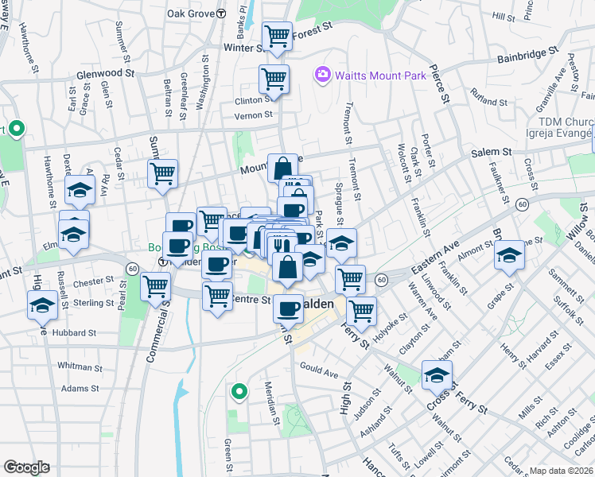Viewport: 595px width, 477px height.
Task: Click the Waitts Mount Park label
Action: [380, 76]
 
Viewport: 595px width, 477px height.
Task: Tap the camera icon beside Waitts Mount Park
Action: [322, 75]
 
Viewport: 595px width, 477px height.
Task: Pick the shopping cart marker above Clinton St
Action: [274, 79]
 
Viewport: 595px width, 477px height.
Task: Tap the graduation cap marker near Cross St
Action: [437, 374]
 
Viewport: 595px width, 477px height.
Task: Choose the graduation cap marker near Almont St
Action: [509, 256]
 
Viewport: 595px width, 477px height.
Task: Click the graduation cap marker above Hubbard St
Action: [42, 304]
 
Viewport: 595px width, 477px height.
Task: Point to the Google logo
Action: [26, 467]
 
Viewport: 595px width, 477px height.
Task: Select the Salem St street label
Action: [490, 152]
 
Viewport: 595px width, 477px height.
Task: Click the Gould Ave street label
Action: [319, 370]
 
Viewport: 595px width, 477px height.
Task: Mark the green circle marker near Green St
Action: [238, 392]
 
